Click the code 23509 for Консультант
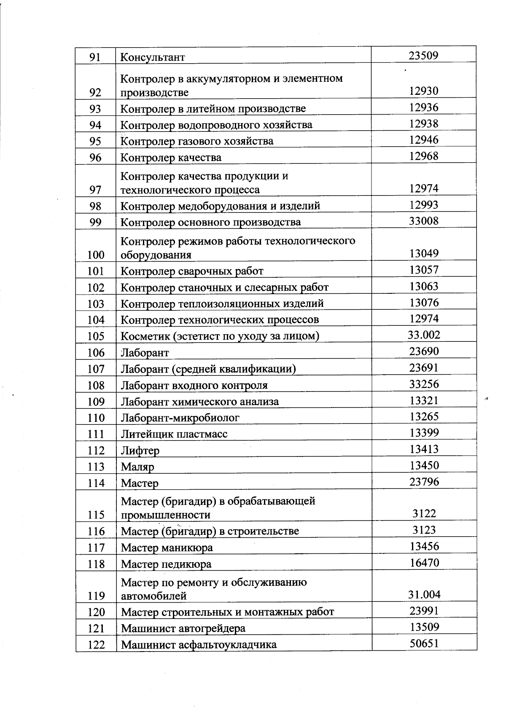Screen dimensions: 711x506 [x=424, y=55]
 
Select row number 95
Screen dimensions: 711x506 [x=95, y=141]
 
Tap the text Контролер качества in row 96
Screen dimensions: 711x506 [x=171, y=158]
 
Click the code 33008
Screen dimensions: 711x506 [x=424, y=221]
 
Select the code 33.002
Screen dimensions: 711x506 [x=424, y=335]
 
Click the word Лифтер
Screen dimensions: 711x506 [x=140, y=451]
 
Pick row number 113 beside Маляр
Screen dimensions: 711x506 [x=96, y=467]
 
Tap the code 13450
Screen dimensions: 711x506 [x=424, y=465]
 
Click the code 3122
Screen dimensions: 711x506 [x=424, y=513]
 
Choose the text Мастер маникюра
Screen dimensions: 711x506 [x=167, y=548]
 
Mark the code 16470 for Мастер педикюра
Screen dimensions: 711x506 [x=424, y=563]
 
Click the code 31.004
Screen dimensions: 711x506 [x=424, y=595]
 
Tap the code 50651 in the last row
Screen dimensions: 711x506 [x=424, y=644]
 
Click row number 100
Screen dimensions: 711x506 [x=96, y=255]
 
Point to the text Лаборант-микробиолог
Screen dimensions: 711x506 [x=180, y=418]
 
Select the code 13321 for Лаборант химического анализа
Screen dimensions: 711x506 [x=424, y=400]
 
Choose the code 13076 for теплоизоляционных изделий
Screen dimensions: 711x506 [x=424, y=303]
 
